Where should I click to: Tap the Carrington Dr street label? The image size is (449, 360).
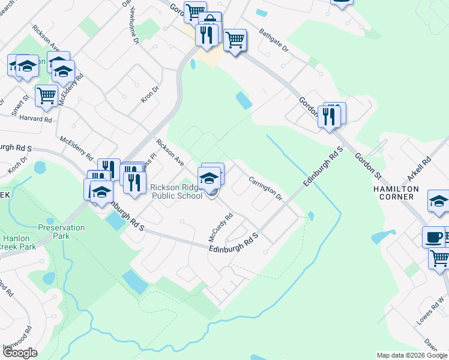tap(265, 188)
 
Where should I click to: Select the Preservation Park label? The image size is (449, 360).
tap(61, 232)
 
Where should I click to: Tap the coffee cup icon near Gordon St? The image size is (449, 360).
tap(433, 238)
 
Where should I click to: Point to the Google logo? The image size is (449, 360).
tap(20, 353)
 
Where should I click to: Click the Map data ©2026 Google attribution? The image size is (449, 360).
tap(411, 355)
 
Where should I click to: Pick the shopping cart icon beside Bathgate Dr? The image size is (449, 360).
tap(235, 41)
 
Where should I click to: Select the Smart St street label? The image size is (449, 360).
tap(20, 104)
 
